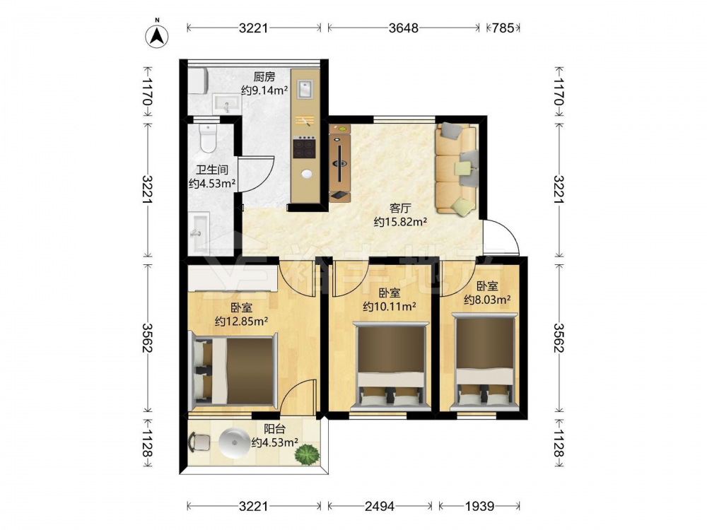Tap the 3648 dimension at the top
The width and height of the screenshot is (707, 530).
click(x=404, y=28)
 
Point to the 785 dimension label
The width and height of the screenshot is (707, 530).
click(x=503, y=28)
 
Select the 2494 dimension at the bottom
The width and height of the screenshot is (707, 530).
click(x=379, y=507)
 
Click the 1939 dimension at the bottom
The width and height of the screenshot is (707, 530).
click(x=480, y=507)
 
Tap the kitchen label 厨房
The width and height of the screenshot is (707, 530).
click(x=264, y=77)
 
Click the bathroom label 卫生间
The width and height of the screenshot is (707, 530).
click(x=212, y=170)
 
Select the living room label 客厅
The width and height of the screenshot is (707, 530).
click(x=400, y=208)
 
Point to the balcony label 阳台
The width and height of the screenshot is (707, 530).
click(x=274, y=429)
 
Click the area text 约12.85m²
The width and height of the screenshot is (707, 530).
click(x=242, y=322)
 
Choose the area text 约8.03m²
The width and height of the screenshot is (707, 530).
click(x=487, y=300)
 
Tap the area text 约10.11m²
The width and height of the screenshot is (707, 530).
click(x=390, y=307)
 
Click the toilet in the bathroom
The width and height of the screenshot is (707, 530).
click(x=209, y=138)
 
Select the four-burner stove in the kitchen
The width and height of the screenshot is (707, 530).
click(x=304, y=147)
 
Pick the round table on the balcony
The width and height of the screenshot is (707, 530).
click(x=233, y=442)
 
